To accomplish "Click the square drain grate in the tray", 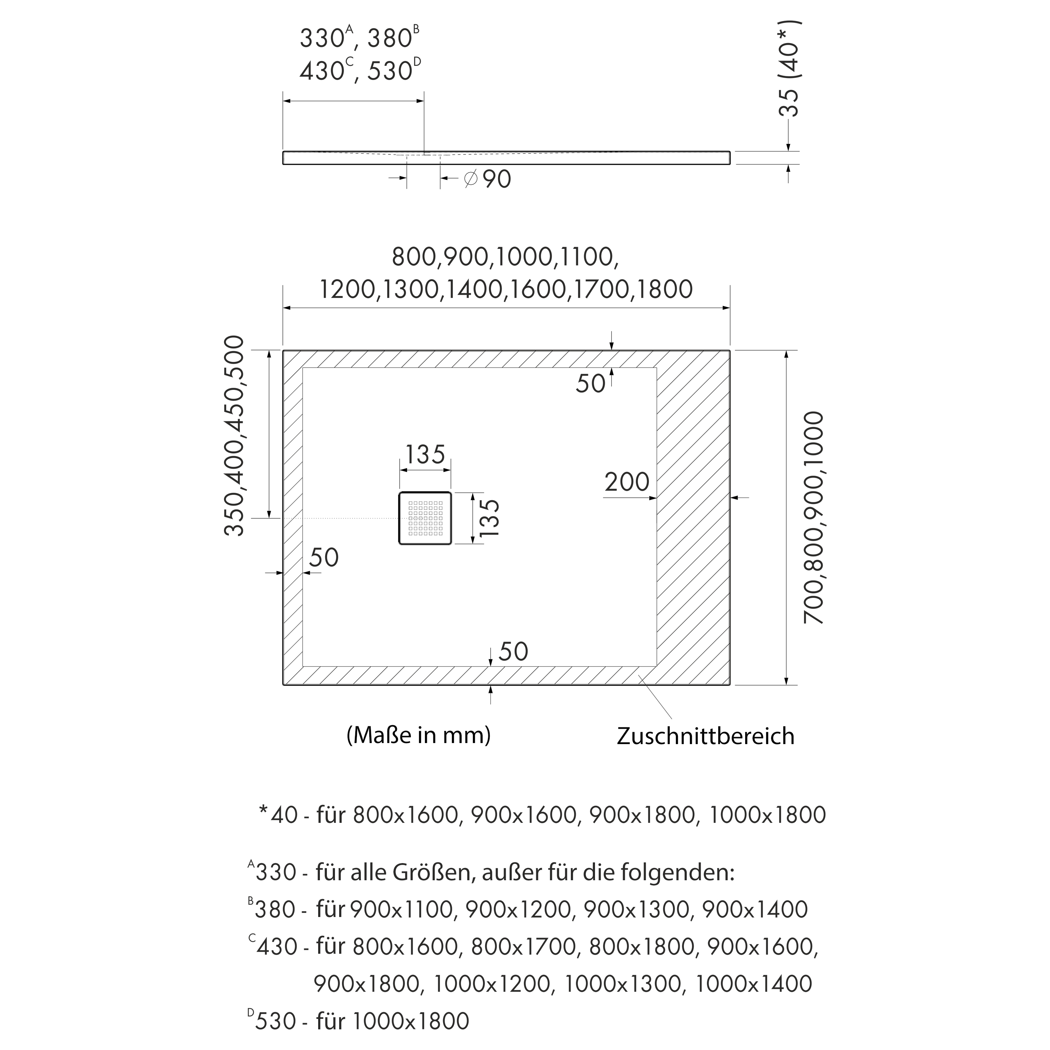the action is [425, 518].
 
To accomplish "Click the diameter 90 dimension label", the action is [488, 179].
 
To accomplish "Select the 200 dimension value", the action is [626, 482].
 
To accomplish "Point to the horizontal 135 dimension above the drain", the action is [425, 454].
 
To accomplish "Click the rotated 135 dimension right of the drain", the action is [489, 518].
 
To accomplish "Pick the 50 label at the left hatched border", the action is [324, 558].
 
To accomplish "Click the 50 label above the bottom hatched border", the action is [513, 652].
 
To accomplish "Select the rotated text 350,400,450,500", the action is [234, 436].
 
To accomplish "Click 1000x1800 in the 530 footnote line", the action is [410, 1021].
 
